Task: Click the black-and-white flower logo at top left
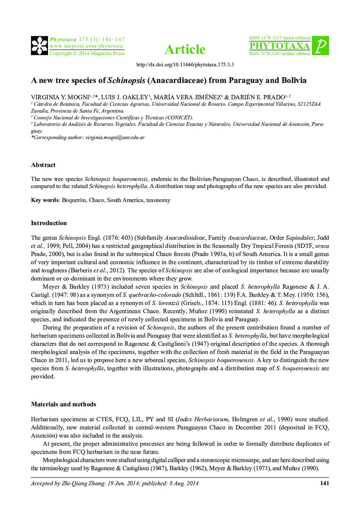click(39, 46)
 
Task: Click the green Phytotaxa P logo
click(320, 46)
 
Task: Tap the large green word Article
click(185, 50)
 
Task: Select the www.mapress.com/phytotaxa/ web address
click(87, 46)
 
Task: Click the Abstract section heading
click(43, 165)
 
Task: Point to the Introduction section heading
click(49, 223)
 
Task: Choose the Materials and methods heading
click(63, 404)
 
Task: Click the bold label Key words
click(45, 200)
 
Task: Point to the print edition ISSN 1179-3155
click(280, 38)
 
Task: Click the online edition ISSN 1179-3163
click(280, 54)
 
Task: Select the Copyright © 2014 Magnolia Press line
click(87, 53)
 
